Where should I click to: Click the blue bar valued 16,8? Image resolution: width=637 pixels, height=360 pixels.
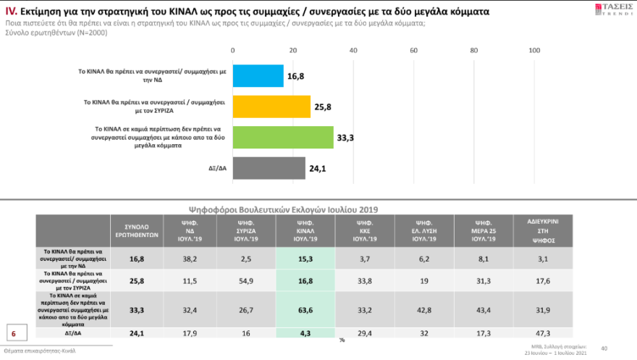click(258, 75)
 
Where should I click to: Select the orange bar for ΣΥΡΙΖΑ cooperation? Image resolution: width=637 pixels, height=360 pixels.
click(271, 106)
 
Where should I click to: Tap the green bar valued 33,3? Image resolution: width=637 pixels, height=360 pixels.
click(283, 137)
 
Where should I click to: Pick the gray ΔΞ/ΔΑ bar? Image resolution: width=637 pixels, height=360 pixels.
click(269, 168)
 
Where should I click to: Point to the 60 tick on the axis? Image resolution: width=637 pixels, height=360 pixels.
click(414, 50)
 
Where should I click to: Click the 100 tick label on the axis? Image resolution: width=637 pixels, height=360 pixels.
click(535, 50)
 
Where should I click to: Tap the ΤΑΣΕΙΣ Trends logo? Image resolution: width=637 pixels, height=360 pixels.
click(613, 10)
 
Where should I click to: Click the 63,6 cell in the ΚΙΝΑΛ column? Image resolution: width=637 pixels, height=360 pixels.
click(304, 310)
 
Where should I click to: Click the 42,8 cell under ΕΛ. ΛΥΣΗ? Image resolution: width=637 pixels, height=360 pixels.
click(423, 310)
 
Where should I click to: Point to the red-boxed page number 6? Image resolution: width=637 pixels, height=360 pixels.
click(13, 333)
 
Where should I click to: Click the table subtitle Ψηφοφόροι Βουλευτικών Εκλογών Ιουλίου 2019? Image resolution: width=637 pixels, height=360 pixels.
click(283, 209)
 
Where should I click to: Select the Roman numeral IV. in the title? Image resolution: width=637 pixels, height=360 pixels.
click(12, 12)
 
